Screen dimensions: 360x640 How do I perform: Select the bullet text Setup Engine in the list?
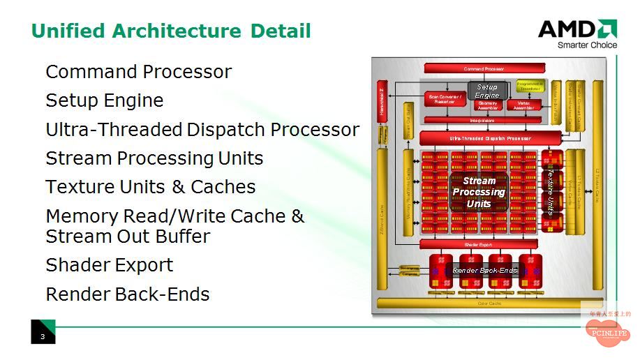click(104, 100)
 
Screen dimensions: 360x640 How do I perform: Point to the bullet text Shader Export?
click(109, 265)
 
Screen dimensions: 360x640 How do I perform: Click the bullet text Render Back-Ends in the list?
click(127, 294)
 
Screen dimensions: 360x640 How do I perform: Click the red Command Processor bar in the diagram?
click(484, 69)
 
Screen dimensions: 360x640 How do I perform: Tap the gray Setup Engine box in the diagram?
click(487, 91)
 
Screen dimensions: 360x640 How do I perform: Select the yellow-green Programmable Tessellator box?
click(530, 86)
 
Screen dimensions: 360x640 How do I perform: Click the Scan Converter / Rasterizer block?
click(445, 99)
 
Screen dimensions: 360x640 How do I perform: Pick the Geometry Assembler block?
click(488, 105)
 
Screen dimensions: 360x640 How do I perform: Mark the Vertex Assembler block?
click(523, 105)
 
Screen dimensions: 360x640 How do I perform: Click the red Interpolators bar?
click(482, 120)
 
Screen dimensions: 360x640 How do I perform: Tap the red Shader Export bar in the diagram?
click(478, 245)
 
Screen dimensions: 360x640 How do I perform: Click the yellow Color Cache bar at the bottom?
click(489, 303)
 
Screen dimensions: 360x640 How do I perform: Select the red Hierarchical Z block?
click(382, 100)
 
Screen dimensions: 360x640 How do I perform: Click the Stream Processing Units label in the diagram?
click(479, 192)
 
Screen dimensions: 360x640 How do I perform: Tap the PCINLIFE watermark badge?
click(606, 333)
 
